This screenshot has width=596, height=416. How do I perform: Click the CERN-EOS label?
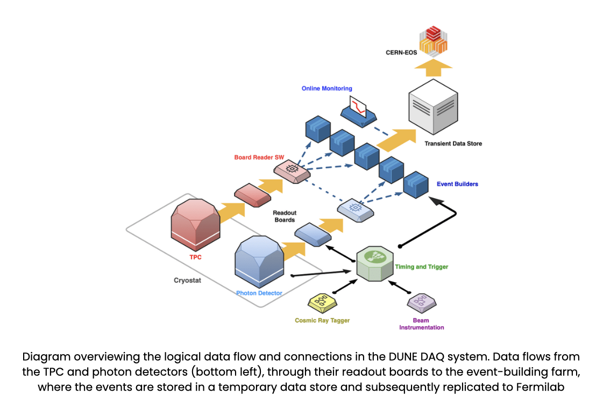(401, 53)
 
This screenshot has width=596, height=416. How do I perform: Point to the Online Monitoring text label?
(327, 88)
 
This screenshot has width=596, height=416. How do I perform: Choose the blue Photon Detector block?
(259, 263)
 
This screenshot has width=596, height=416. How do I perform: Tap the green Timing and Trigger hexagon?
(374, 263)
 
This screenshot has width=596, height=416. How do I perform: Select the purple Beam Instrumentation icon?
(421, 303)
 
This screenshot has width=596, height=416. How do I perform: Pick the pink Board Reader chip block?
(292, 172)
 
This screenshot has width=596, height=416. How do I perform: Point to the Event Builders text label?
(457, 184)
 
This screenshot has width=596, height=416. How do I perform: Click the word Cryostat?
(187, 281)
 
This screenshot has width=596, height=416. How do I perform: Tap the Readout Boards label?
(285, 216)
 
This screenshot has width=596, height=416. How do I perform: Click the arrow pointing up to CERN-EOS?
(434, 68)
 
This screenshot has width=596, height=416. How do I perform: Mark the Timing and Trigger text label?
(421, 267)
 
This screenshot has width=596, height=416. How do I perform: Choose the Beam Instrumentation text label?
(421, 324)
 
